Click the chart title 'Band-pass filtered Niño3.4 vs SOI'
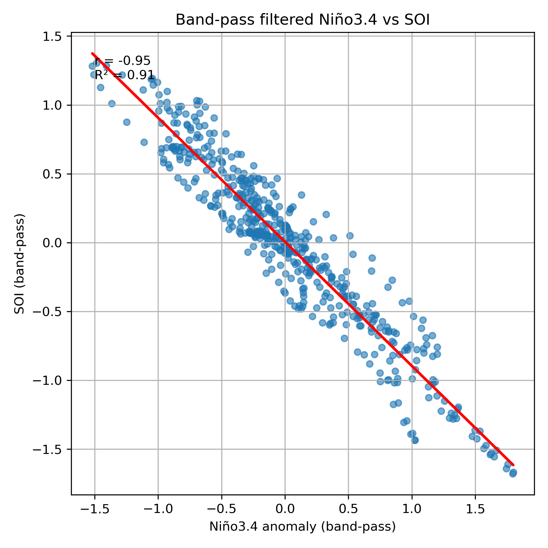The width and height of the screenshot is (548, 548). point(303,20)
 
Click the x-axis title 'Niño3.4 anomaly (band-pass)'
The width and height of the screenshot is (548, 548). point(303,527)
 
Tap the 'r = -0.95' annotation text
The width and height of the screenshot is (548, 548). point(123,61)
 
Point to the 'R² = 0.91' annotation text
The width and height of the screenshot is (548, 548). point(125,75)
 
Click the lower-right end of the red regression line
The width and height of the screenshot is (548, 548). point(513,465)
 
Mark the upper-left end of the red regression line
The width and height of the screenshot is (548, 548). point(92,53)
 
